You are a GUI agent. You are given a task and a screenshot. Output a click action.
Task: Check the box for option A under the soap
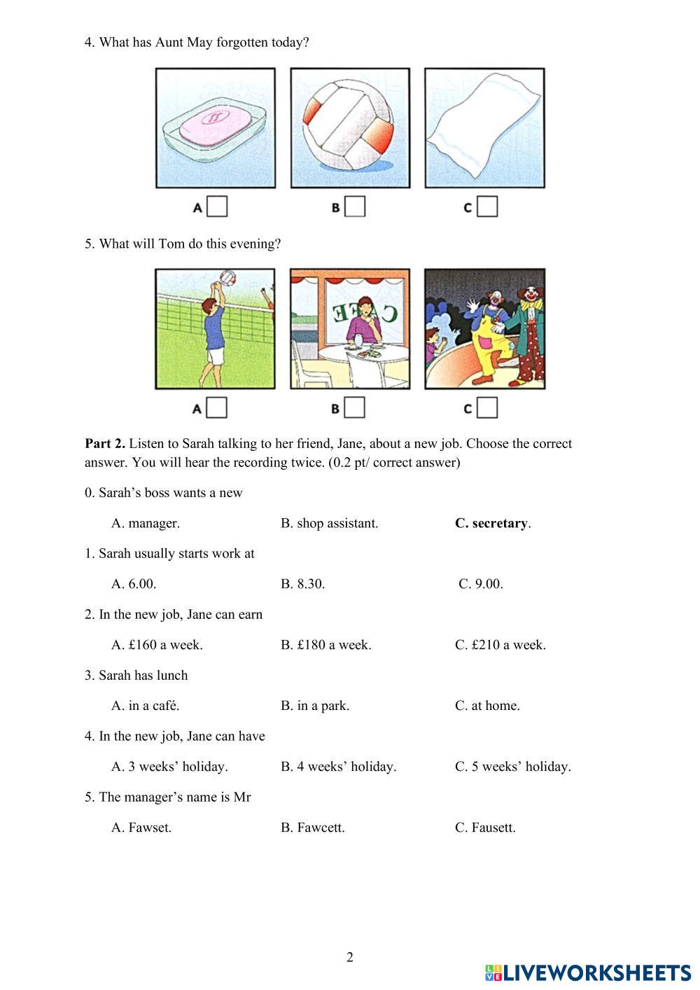pyautogui.click(x=218, y=207)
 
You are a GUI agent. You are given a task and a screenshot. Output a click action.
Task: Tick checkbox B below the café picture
pyautogui.click(x=355, y=407)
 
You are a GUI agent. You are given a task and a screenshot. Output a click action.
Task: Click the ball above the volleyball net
pyautogui.click(x=227, y=278)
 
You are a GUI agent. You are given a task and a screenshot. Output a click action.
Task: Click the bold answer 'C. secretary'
pyautogui.click(x=493, y=523)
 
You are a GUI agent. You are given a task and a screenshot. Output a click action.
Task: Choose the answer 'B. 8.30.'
pyautogui.click(x=303, y=584)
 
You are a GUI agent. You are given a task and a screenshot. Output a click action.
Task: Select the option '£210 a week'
pyautogui.click(x=500, y=645)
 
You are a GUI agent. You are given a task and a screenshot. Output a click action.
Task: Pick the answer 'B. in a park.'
pyautogui.click(x=315, y=706)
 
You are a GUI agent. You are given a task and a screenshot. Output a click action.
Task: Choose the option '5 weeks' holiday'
pyautogui.click(x=513, y=767)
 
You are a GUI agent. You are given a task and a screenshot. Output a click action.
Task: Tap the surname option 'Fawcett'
pyautogui.click(x=313, y=828)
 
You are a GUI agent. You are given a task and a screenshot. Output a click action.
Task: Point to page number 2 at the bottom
pyautogui.click(x=350, y=957)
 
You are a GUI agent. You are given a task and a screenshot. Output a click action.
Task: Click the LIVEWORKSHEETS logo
pyautogui.click(x=588, y=972)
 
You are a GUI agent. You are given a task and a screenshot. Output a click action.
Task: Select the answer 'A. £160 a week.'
pyautogui.click(x=157, y=645)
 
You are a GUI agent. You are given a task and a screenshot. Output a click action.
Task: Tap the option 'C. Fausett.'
pyautogui.click(x=485, y=828)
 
